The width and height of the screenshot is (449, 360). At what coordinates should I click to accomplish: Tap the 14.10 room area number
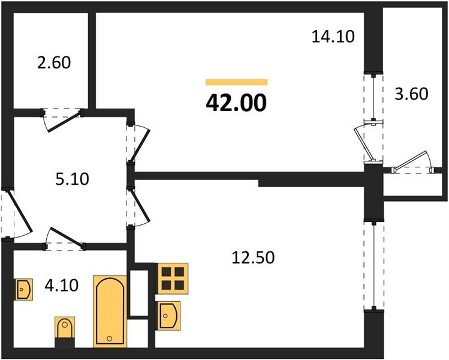click(333, 37)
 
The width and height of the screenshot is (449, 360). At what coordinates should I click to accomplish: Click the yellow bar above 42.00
click(236, 82)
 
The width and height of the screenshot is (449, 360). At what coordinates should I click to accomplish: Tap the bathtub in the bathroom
click(110, 310)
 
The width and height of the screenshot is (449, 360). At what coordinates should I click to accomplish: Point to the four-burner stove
click(173, 278)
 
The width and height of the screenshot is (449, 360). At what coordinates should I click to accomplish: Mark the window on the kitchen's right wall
click(373, 265)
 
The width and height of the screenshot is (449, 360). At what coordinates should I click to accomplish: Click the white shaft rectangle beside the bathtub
click(138, 293)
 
